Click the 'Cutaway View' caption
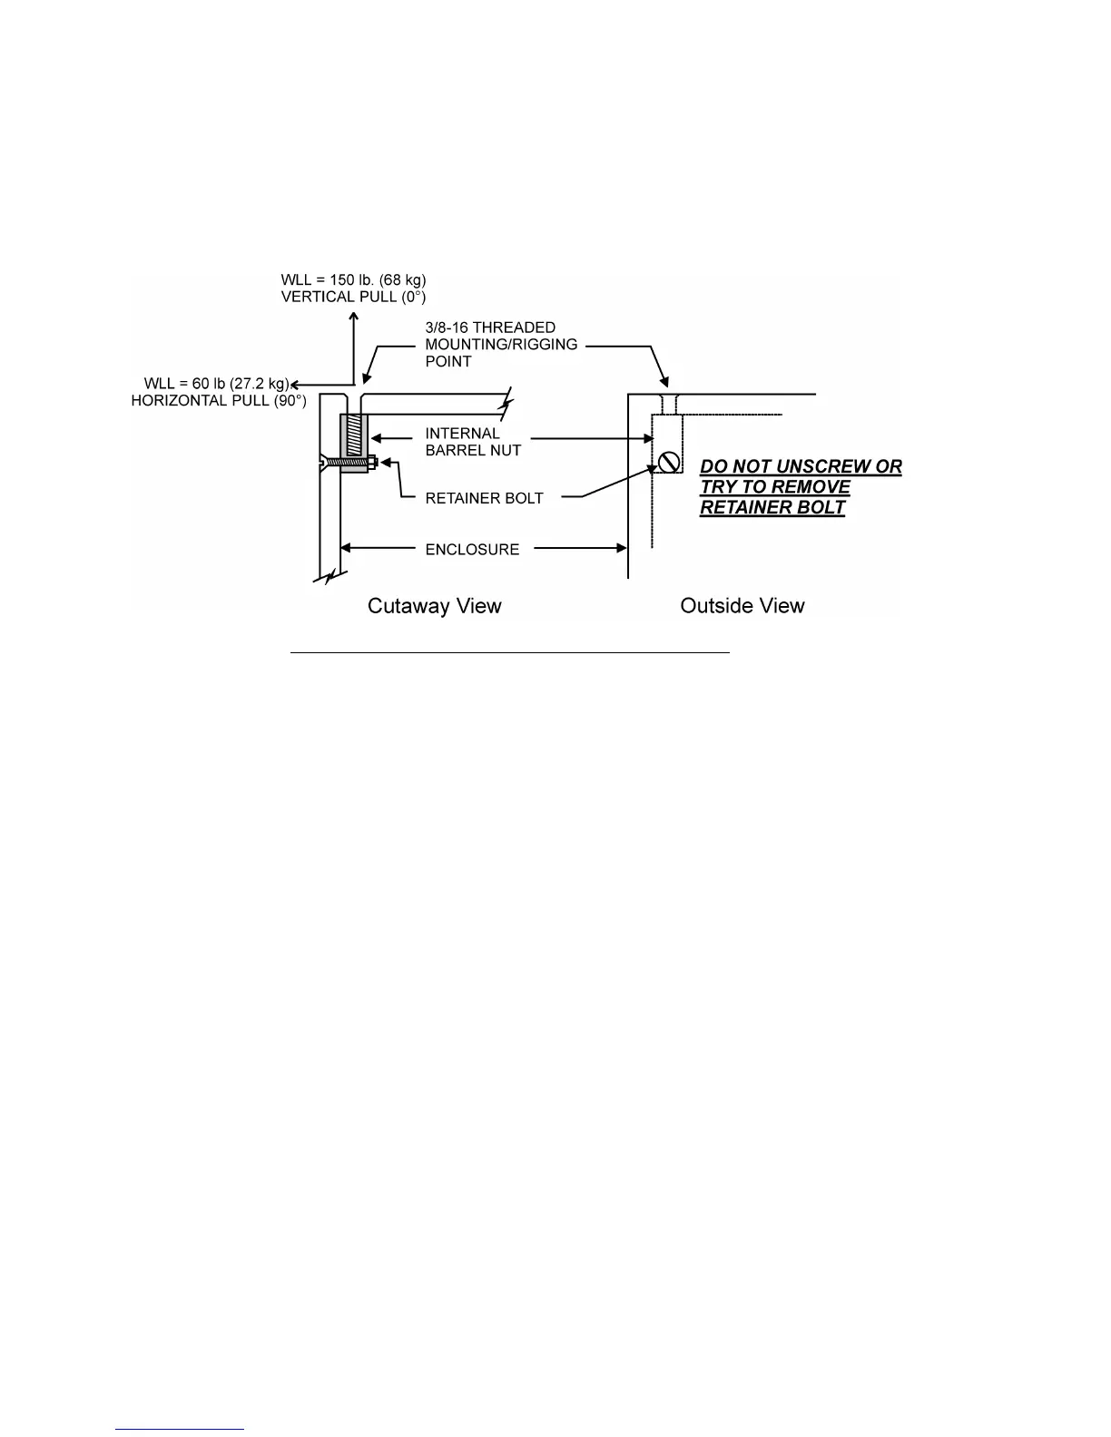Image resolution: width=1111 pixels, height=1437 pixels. click(434, 606)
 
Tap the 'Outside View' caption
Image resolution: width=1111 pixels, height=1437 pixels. click(742, 606)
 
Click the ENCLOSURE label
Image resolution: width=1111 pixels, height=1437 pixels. click(472, 549)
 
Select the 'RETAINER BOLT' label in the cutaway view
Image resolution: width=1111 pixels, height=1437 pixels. click(484, 498)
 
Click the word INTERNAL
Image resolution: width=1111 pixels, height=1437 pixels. click(462, 434)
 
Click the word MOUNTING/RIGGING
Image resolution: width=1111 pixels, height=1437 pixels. click(501, 345)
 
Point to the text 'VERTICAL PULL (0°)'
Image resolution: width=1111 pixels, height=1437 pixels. click(353, 297)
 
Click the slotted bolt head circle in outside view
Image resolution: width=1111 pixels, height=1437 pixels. click(670, 462)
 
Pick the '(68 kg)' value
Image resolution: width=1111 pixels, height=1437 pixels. click(403, 279)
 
